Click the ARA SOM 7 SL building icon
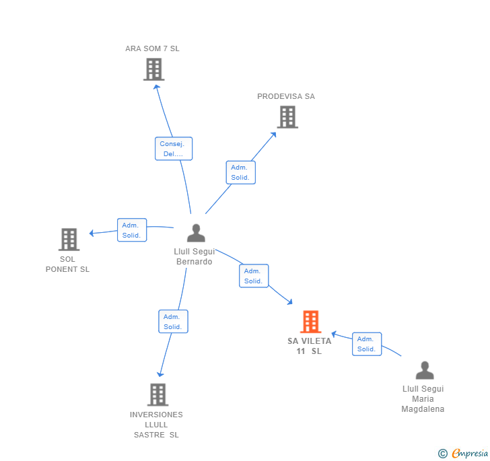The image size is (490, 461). (153, 69)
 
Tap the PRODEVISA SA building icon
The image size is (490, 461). (287, 117)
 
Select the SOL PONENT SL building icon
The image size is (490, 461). (69, 239)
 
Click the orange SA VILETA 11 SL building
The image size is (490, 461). (310, 322)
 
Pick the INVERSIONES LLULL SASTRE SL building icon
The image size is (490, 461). (157, 394)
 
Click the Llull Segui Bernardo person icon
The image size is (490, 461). (196, 233)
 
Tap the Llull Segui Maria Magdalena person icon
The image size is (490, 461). (424, 370)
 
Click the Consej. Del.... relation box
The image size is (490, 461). (173, 149)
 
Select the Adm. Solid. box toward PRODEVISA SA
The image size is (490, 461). (240, 172)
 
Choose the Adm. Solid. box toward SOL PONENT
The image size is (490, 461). (131, 230)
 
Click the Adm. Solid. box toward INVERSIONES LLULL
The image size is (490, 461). (173, 322)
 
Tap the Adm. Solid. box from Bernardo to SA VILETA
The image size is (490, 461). (254, 276)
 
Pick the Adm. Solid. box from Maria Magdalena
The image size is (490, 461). (367, 344)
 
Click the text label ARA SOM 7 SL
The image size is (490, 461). (152, 48)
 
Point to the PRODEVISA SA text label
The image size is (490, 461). (286, 96)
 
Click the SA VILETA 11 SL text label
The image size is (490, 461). (310, 346)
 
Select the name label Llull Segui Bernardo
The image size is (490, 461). (195, 256)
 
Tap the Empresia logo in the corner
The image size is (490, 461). (463, 453)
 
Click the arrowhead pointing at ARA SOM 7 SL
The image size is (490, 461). (157, 85)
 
